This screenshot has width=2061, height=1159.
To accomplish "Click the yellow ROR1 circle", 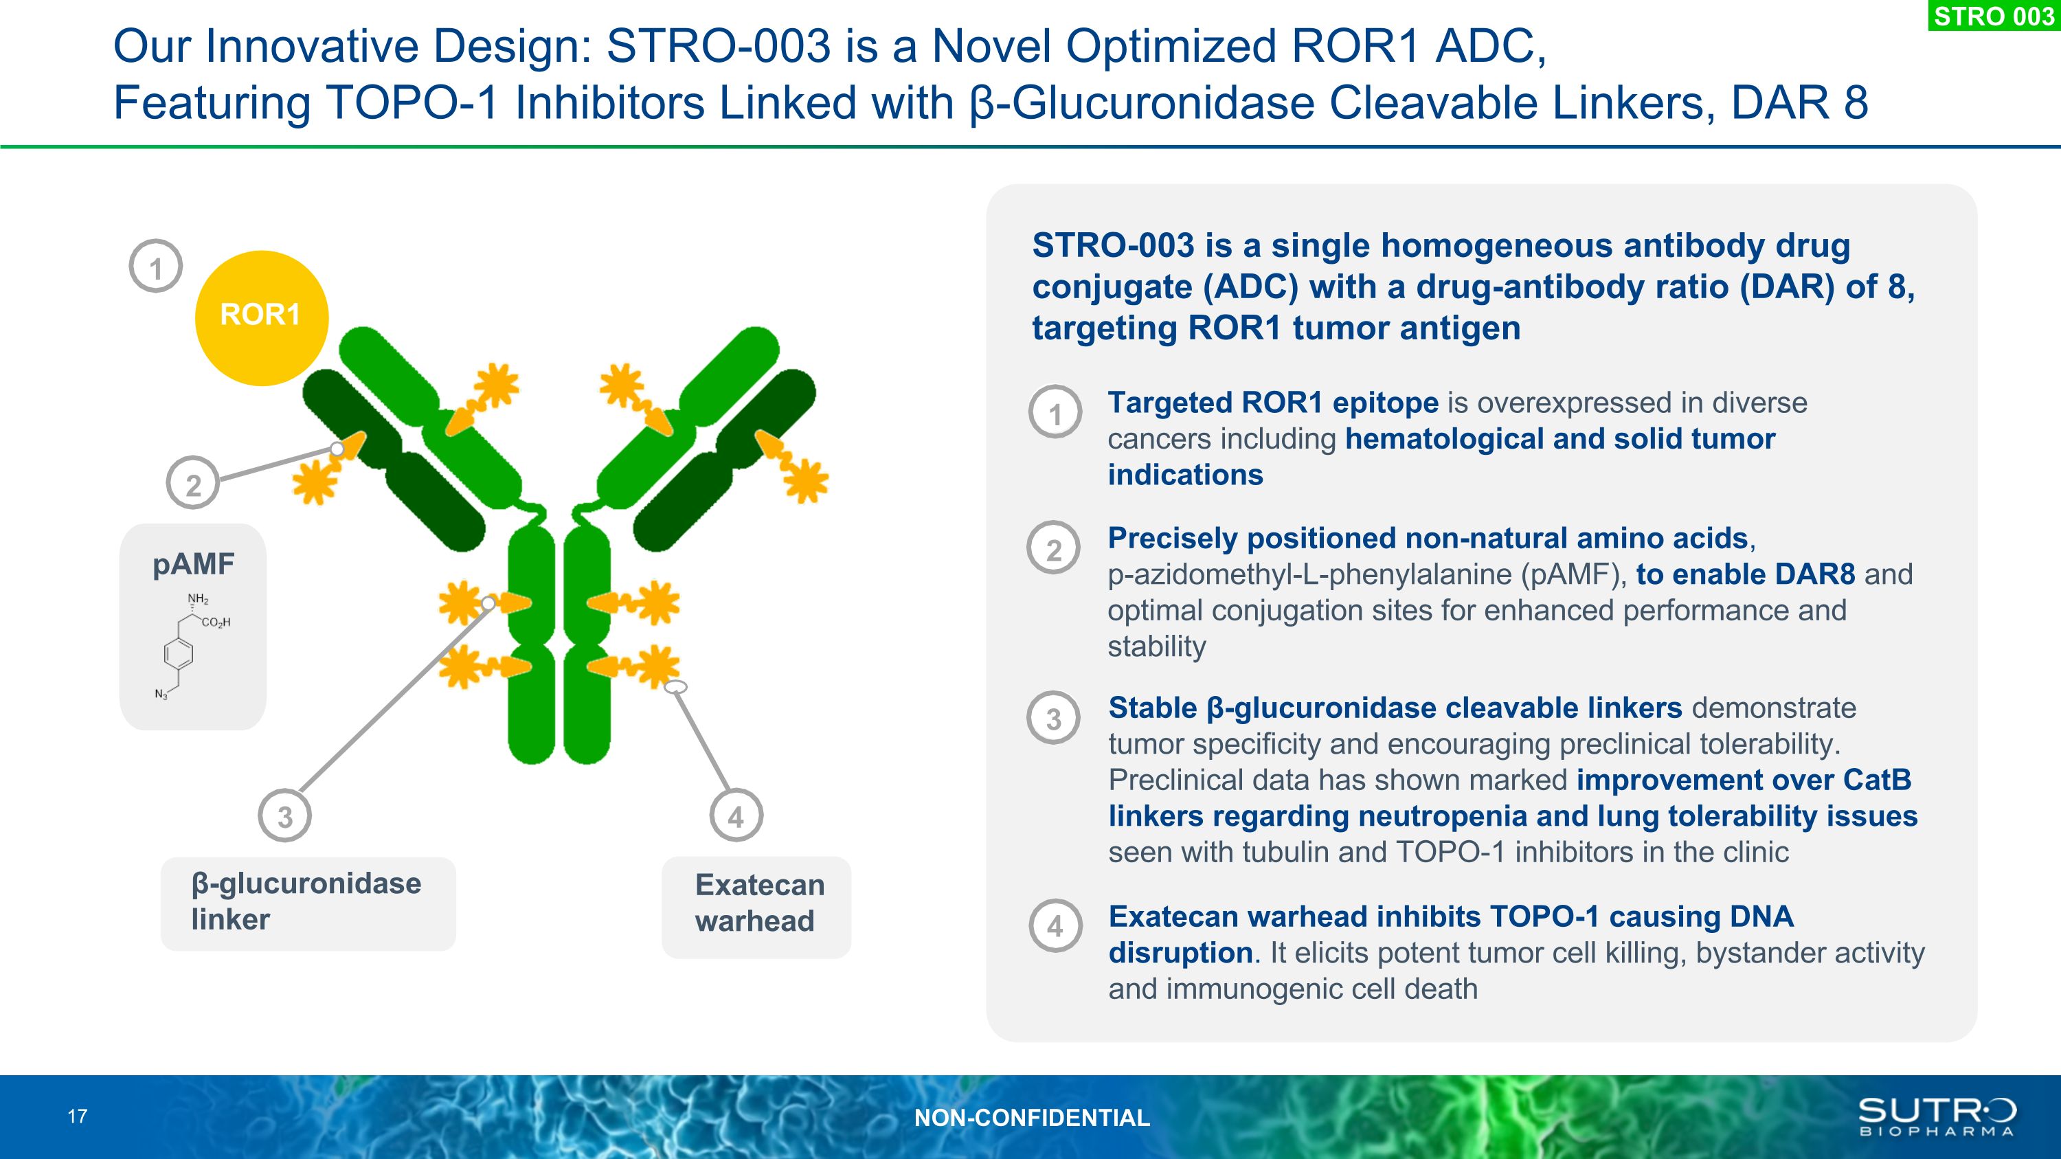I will point(261,317).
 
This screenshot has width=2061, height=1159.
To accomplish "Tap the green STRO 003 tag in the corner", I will point(1994,15).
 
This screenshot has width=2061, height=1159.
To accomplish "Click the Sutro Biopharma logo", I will point(1936,1116).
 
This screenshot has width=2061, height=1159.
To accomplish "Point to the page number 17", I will point(78,1116).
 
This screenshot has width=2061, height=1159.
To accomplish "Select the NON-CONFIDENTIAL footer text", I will point(1031,1117).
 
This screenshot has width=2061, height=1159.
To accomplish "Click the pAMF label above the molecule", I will point(194,564).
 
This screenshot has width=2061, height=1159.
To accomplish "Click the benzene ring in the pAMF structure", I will point(179,653).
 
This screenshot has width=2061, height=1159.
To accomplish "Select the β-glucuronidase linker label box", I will point(308,903).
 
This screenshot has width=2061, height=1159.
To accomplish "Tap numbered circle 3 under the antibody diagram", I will point(285,816).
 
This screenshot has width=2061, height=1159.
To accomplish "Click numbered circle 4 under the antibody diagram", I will point(736,816).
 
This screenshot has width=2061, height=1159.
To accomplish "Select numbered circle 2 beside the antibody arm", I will point(193,483).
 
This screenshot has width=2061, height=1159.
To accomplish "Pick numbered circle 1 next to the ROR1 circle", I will point(156,267).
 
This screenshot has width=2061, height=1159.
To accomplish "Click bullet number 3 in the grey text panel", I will point(1054,717).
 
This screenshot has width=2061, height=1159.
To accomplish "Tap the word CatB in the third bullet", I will point(1877,779).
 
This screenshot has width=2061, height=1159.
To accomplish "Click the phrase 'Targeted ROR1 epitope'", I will point(1273,403).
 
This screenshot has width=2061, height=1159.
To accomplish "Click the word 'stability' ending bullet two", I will point(1156,646).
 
